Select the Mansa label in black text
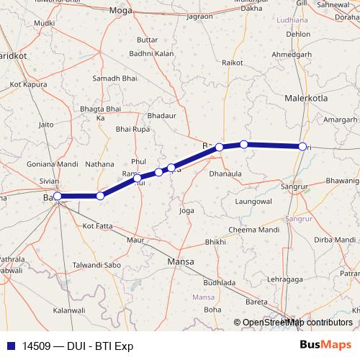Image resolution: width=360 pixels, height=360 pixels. (180, 262)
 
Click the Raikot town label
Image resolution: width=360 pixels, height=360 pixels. (232, 63)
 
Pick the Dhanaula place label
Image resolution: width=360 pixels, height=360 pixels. (225, 174)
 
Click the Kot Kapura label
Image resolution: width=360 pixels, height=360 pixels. (27, 84)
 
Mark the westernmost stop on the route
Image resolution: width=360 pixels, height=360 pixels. (58, 196)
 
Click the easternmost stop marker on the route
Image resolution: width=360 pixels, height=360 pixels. (303, 147)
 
